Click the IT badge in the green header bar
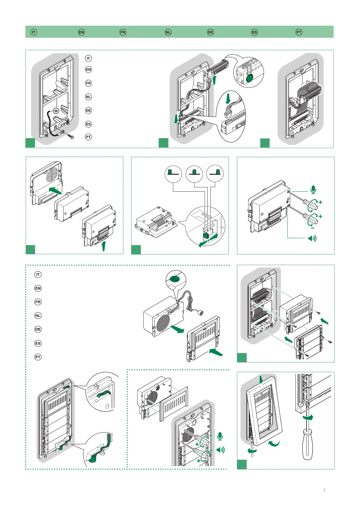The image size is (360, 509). tap(34, 32)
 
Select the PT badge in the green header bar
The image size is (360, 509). tap(299, 32)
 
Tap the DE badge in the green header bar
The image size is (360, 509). tap(210, 32)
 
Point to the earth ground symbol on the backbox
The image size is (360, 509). tap(56, 110)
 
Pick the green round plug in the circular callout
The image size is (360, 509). tap(250, 79)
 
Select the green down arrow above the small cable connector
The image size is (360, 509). tap(228, 99)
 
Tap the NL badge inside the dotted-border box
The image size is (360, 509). tap(38, 316)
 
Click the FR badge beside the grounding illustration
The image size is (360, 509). tap(88, 83)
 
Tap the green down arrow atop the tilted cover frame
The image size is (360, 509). tap(261, 379)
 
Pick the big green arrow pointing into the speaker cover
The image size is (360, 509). tap(216, 352)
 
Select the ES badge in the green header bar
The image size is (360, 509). tap(255, 32)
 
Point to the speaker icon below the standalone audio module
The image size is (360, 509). tap(312, 238)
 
